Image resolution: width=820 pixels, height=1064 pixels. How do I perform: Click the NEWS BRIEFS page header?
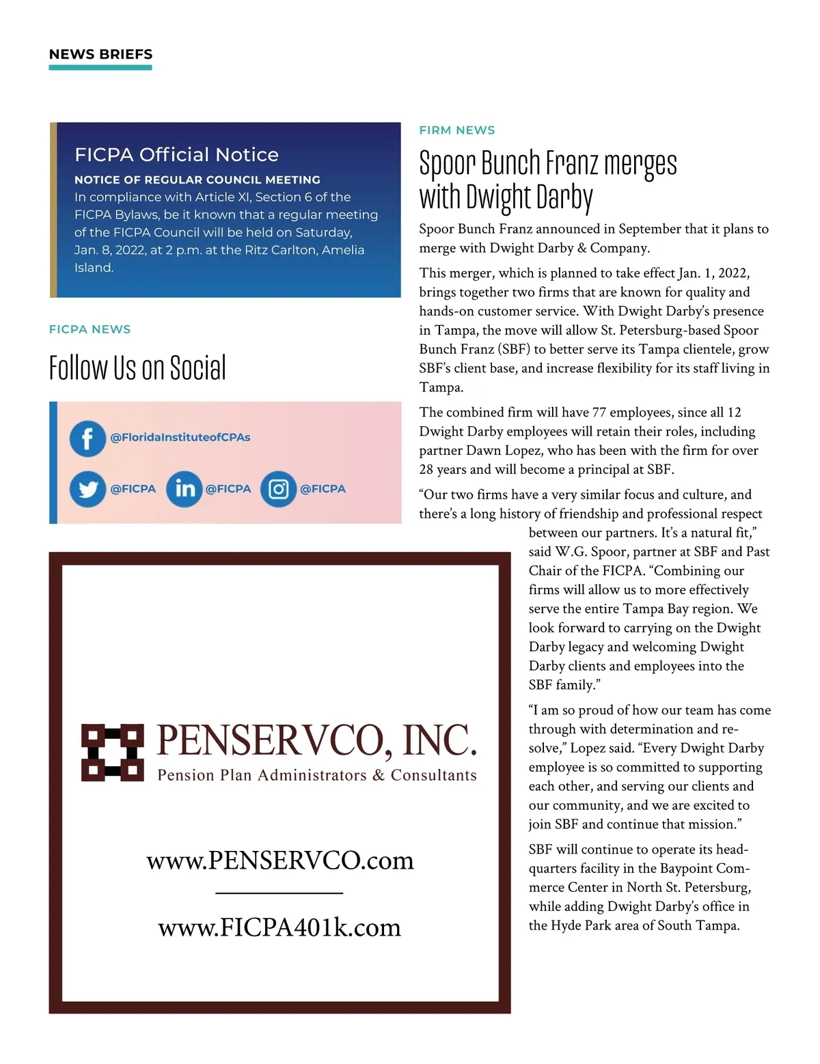click(100, 55)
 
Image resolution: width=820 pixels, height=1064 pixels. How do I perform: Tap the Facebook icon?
click(87, 438)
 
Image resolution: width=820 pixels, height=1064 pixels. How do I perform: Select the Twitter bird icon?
click(87, 489)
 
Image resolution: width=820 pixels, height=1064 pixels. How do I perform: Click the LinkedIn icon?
click(184, 489)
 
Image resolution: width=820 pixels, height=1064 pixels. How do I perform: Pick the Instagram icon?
click(278, 489)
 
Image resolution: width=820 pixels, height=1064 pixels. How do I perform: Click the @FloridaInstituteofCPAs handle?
click(180, 437)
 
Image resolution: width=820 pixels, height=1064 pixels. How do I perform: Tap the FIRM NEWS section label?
click(457, 130)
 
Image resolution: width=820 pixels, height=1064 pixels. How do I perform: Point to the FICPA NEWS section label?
click(90, 329)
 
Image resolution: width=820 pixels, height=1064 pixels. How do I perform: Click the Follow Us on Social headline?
click(137, 368)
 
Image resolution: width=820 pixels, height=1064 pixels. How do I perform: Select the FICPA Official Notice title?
click(176, 155)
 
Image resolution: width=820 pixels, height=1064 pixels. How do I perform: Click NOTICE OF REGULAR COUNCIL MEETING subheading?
click(197, 180)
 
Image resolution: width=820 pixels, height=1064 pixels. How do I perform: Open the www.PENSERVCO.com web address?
click(280, 860)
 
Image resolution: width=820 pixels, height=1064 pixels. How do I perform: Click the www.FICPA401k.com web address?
click(279, 927)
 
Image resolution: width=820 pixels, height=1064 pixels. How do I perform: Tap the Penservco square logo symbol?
click(113, 752)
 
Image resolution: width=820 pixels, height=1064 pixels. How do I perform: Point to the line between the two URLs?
click(279, 893)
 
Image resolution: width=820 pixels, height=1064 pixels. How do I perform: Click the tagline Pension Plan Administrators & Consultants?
click(317, 775)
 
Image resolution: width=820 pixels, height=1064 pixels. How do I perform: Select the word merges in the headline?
click(640, 164)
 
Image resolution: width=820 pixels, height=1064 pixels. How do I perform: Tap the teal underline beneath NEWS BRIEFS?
click(100, 68)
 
